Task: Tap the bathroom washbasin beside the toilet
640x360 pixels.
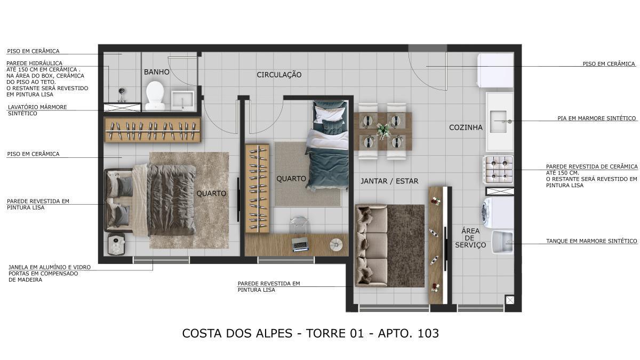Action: tap(183, 100)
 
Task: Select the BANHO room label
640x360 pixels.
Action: tap(157, 72)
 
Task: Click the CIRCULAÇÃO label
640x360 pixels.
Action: tap(279, 75)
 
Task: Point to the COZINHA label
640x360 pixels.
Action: tap(466, 127)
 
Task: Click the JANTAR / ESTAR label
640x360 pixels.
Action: tap(389, 181)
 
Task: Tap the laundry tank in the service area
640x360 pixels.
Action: tap(502, 242)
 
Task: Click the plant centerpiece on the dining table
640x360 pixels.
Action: tap(383, 130)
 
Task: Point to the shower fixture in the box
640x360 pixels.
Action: tap(122, 94)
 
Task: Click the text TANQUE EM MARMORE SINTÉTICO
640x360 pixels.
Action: tap(591, 241)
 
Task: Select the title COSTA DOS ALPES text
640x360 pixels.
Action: tap(237, 333)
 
